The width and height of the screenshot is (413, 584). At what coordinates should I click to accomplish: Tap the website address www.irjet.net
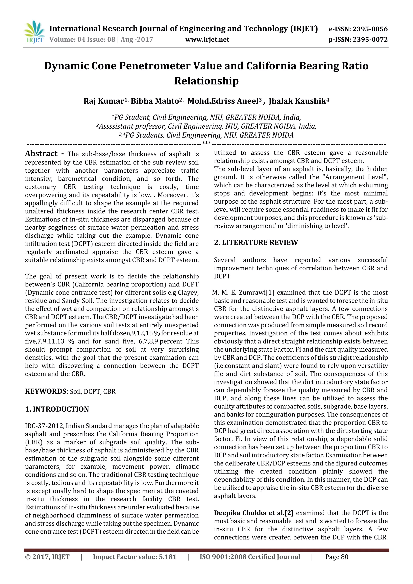pyautogui.click(x=207, y=40)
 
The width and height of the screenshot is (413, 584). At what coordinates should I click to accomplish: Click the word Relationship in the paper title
pyautogui.click(x=206, y=81)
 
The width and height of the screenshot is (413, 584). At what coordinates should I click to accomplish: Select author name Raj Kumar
pyautogui.click(x=104, y=101)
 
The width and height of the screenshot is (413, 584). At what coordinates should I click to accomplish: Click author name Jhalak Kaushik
pyautogui.click(x=297, y=101)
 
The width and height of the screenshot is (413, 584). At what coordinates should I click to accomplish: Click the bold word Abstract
pyautogui.click(x=41, y=154)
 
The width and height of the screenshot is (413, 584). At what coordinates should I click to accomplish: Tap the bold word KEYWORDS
pyautogui.click(x=45, y=391)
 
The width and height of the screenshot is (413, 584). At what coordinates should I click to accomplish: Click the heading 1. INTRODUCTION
pyautogui.click(x=57, y=409)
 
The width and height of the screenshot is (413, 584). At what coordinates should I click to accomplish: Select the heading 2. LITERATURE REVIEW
pyautogui.click(x=256, y=242)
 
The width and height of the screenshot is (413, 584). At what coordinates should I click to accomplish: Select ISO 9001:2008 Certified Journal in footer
pyautogui.click(x=250, y=557)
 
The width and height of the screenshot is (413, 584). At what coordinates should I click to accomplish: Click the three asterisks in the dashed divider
pyautogui.click(x=206, y=144)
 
